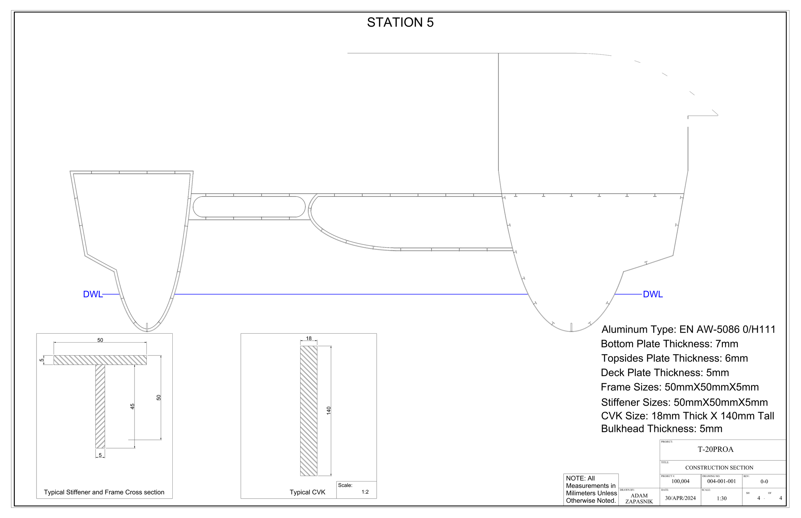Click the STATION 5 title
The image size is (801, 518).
[x=400, y=22]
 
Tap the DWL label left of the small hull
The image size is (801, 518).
[x=93, y=294]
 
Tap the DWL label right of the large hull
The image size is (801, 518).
[x=653, y=294]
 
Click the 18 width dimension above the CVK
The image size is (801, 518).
[x=309, y=338]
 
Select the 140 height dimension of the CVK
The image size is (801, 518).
[x=329, y=410]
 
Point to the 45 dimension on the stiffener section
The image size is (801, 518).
[x=133, y=406]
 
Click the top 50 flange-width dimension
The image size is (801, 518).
[x=100, y=340]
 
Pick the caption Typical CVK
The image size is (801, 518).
[x=307, y=492]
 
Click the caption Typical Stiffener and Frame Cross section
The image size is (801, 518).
[x=104, y=492]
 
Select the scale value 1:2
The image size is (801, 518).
[x=365, y=492]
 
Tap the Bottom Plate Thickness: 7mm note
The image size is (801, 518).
[x=669, y=344]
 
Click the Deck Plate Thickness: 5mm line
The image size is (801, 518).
[x=665, y=373]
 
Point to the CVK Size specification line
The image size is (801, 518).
[x=687, y=416]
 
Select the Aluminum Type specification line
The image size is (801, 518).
[x=688, y=329]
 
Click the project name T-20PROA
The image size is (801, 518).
[x=715, y=449]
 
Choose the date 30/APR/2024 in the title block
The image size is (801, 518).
[x=680, y=498]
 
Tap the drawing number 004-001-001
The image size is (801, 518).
[x=721, y=481]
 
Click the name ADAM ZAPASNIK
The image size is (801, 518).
[x=639, y=498]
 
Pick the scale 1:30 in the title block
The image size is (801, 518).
[x=722, y=498]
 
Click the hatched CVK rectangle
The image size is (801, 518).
[x=309, y=411]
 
